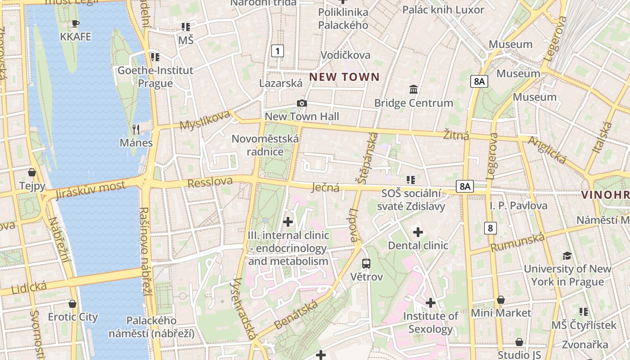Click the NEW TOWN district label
click(x=344, y=77)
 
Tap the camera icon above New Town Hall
click(x=302, y=103)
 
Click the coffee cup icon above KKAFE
click(x=76, y=23)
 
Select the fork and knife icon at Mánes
click(x=136, y=130)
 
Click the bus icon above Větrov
click(x=366, y=264)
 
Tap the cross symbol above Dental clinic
click(x=418, y=232)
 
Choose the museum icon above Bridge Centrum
click(x=414, y=90)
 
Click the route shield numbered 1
click(x=278, y=51)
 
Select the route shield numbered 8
click(x=490, y=228)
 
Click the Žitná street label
click(x=456, y=135)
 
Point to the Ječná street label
click(x=326, y=188)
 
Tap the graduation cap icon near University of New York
click(x=567, y=256)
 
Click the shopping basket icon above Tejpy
click(x=32, y=172)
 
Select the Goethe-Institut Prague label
click(x=155, y=77)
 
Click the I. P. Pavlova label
click(x=518, y=206)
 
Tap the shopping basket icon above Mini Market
click(x=501, y=300)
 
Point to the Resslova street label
click(x=210, y=182)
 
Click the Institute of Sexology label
click(x=430, y=323)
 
